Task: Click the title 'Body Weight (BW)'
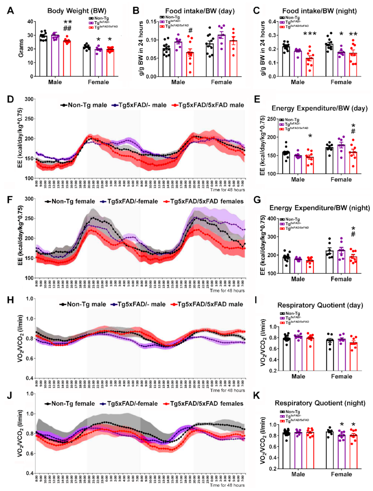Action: point(77,11)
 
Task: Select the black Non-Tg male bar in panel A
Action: point(43,56)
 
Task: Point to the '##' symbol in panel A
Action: point(67,29)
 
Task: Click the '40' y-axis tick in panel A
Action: point(30,22)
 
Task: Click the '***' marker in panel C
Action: point(310,34)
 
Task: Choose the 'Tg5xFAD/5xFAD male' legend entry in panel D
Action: point(208,105)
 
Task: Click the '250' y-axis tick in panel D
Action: point(29,119)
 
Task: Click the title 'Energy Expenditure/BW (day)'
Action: point(319,108)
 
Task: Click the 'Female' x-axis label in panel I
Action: point(341,376)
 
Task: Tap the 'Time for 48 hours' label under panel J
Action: point(227,485)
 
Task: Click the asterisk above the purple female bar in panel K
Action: point(342,425)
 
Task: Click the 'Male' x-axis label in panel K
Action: point(298,474)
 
